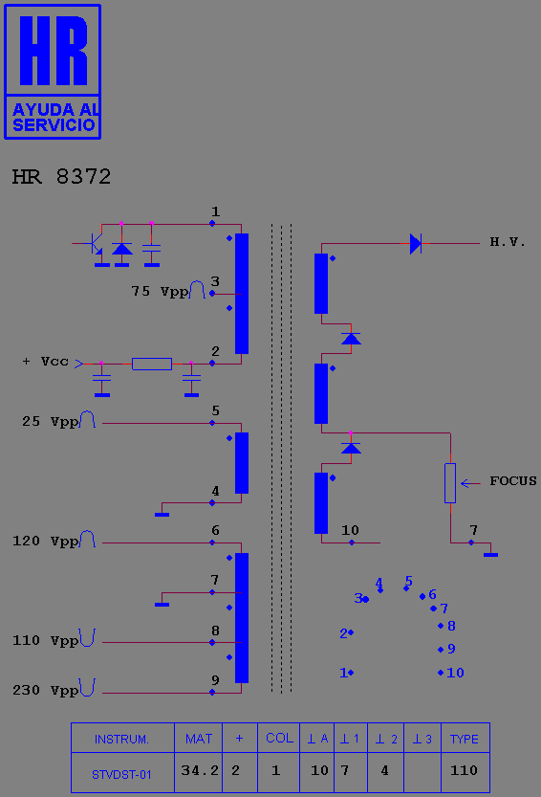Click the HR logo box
(53, 72)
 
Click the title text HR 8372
(61, 177)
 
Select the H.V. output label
(507, 242)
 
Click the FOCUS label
(513, 481)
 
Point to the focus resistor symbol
(450, 483)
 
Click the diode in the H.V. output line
(416, 243)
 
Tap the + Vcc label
(46, 362)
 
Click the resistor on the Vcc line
(152, 364)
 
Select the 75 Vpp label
(160, 291)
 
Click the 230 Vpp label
(46, 690)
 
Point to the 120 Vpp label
(46, 541)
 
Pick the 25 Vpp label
(51, 421)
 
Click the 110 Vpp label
(46, 640)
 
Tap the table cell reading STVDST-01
(122, 773)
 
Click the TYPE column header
(465, 738)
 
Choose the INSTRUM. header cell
(122, 738)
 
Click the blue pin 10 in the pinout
(441, 673)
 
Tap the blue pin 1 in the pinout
(351, 673)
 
